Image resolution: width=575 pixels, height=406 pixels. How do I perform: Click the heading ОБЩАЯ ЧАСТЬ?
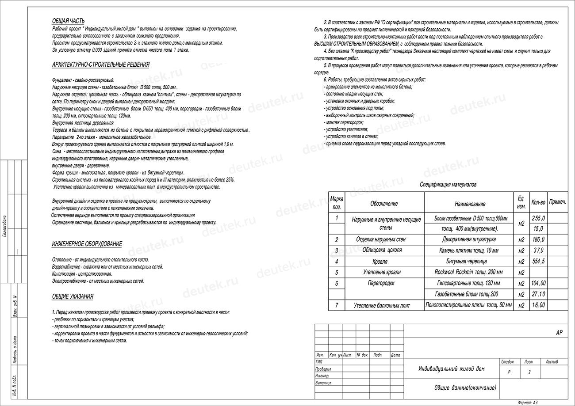point(68,21)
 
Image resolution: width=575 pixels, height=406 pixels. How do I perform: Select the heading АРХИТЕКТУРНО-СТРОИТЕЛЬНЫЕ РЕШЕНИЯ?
point(100,65)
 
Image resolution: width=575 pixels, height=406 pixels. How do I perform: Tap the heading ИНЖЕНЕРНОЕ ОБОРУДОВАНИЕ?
point(87,244)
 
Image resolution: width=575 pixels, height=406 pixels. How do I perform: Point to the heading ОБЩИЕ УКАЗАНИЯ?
point(73,296)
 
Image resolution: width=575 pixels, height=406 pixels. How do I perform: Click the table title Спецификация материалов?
point(448,185)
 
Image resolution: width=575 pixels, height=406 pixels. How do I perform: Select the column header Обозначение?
point(384,204)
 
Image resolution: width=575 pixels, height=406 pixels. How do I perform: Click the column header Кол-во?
point(538,202)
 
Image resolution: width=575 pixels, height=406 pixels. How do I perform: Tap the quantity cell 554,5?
point(538,262)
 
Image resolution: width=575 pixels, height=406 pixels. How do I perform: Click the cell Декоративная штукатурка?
point(469,239)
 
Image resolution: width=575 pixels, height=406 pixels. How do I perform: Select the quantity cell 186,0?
point(538,240)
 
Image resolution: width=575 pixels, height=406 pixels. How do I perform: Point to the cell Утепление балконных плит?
point(382,305)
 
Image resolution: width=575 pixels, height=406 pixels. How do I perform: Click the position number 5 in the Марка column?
point(337,273)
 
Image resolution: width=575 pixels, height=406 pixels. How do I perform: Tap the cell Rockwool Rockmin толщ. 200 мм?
point(468,272)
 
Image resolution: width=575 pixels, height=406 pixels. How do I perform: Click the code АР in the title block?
point(559,333)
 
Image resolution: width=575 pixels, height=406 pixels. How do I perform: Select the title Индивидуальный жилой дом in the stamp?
point(452,369)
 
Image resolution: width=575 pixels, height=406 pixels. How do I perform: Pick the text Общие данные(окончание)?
point(465,387)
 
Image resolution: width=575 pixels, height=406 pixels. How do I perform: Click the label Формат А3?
point(528,402)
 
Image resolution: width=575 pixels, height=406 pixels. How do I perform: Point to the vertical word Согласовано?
point(4,226)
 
